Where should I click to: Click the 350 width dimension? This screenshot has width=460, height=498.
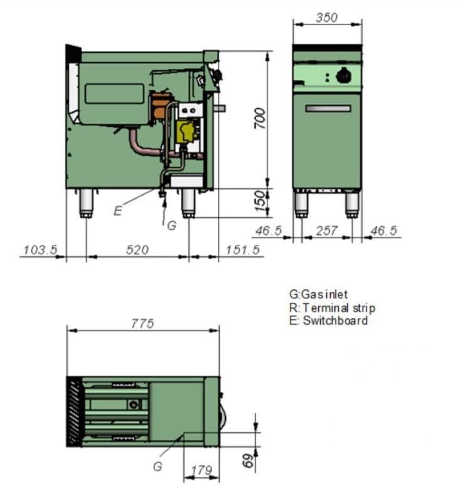point(326,18)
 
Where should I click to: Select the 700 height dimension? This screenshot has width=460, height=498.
point(260,117)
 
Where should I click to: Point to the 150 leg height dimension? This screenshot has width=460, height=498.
point(260,202)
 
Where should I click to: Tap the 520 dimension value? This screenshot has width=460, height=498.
point(137,250)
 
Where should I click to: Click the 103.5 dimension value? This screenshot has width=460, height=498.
point(40,250)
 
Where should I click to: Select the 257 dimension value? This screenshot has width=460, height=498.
point(326,231)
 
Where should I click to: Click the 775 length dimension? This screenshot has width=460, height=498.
point(142,323)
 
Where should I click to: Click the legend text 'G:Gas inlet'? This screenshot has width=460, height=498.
point(318,294)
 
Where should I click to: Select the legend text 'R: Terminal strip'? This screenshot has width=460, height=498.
point(331,308)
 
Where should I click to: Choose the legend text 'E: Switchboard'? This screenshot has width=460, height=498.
point(328,321)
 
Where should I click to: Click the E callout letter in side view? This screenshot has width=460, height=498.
point(117,211)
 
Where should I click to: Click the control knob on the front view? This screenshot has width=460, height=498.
point(343,77)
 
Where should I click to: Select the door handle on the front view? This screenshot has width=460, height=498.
point(328,109)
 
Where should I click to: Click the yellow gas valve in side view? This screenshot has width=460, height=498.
point(185,131)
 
